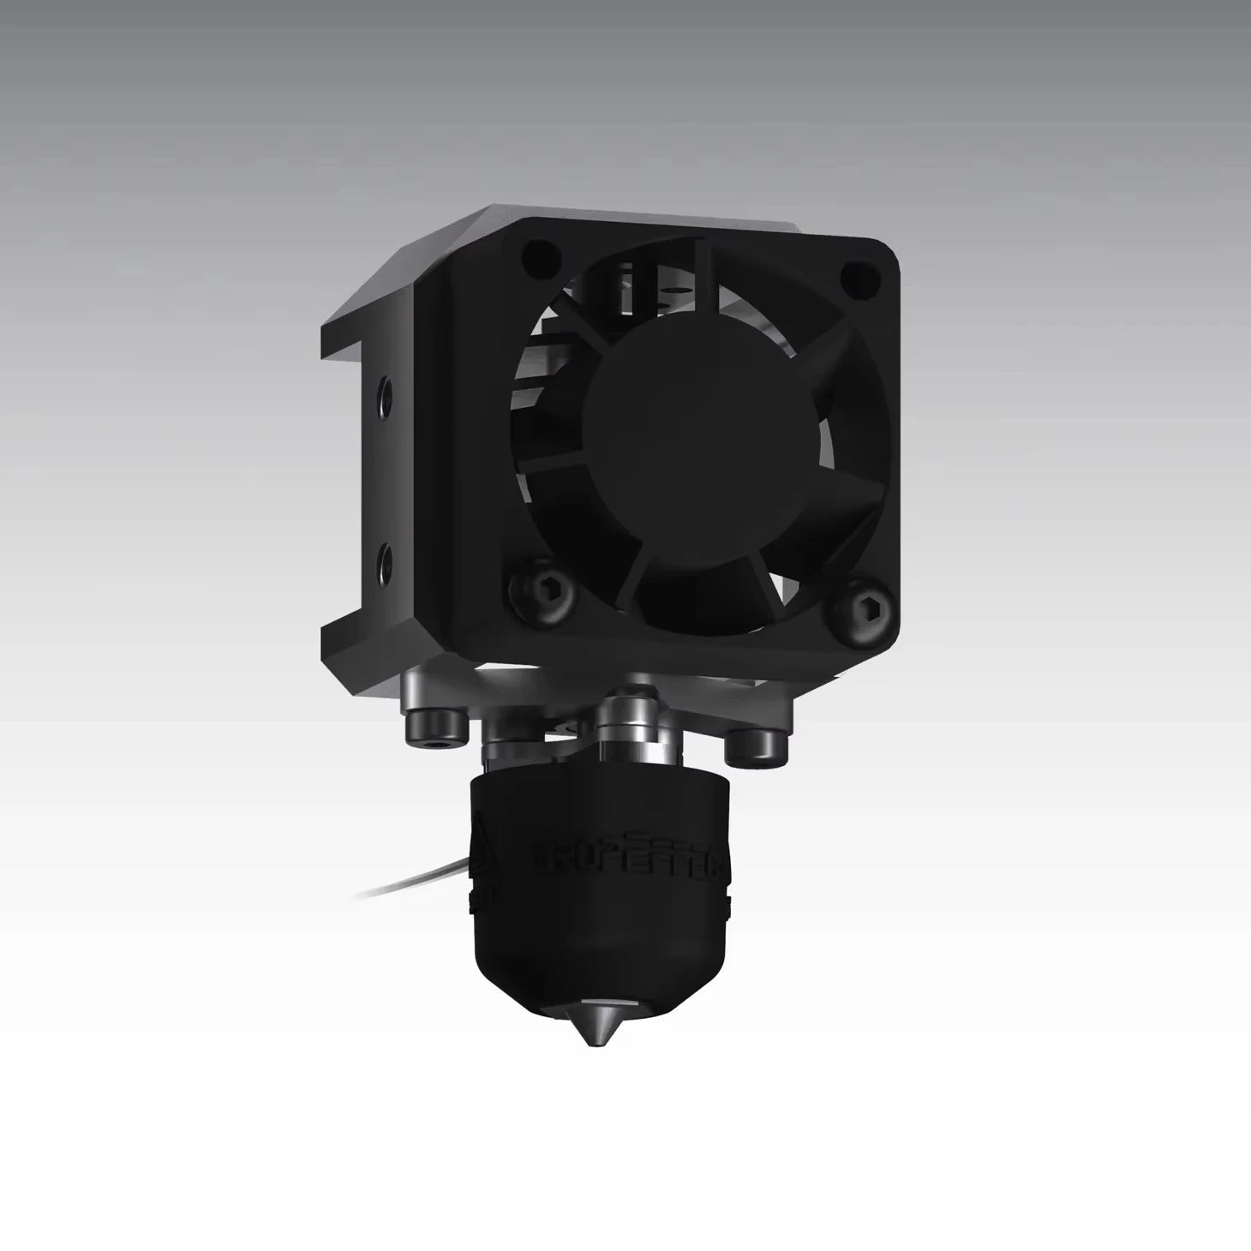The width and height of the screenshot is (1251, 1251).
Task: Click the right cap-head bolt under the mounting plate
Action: pos(756,745)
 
